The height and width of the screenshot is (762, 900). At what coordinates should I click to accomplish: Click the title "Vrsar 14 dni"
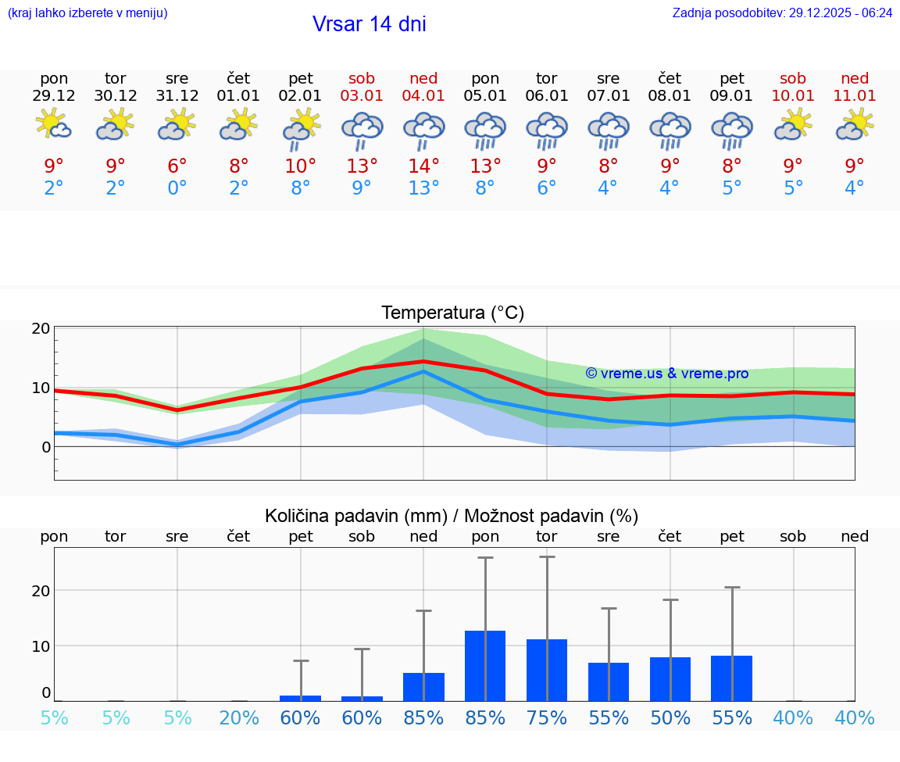click(369, 24)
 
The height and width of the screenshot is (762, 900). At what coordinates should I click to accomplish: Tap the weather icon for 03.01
click(362, 130)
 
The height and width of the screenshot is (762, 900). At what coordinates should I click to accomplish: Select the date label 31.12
click(177, 96)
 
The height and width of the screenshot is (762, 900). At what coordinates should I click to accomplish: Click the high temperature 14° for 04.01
click(423, 166)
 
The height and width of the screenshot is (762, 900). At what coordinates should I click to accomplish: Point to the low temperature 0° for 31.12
click(177, 188)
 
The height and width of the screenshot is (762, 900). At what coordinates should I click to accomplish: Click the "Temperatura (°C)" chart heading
click(452, 313)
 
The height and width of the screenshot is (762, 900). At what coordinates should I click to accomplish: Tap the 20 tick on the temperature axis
click(41, 328)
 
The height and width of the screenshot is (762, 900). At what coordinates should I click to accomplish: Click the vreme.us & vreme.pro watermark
click(666, 374)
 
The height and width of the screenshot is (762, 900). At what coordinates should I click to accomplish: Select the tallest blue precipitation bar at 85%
click(485, 665)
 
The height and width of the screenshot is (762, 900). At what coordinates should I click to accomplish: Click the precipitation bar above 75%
click(547, 670)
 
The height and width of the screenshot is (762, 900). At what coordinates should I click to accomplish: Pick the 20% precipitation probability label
click(239, 718)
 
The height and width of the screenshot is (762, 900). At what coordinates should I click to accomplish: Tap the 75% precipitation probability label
click(547, 718)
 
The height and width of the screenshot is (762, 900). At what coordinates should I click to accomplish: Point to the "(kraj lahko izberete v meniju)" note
click(87, 13)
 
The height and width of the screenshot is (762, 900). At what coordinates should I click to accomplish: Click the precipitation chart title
click(452, 516)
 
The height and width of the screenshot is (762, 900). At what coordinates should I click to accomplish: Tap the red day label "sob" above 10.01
click(793, 78)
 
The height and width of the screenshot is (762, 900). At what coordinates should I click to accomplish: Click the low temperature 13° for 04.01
click(423, 188)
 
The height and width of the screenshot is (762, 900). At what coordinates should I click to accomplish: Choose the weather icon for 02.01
click(301, 128)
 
